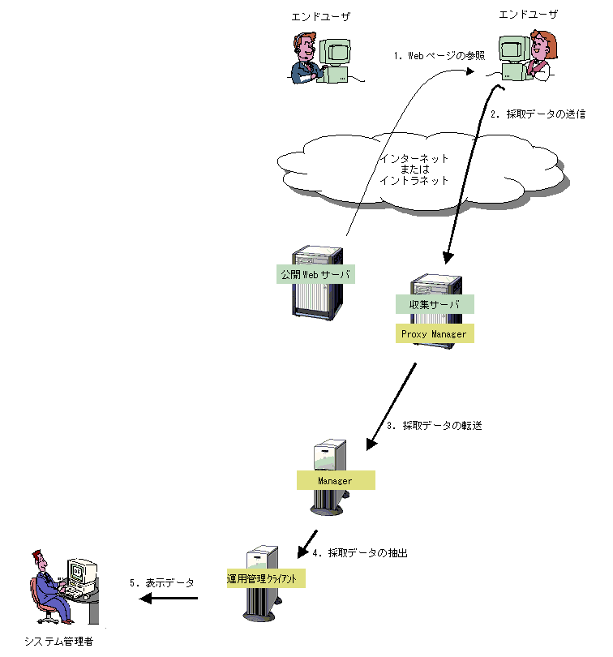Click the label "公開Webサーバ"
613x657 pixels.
(x=315, y=275)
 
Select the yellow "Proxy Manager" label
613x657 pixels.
(x=434, y=333)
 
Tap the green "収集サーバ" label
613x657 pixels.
(x=434, y=304)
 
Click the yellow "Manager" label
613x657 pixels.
(x=336, y=480)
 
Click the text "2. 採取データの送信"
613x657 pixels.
(x=538, y=114)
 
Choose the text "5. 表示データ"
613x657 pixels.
(x=162, y=582)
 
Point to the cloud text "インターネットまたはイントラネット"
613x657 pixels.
(x=414, y=170)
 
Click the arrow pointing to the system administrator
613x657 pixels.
(x=169, y=599)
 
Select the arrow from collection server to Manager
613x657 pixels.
(x=392, y=406)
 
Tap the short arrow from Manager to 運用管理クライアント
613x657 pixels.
(x=306, y=540)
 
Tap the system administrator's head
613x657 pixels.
(x=38, y=560)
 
